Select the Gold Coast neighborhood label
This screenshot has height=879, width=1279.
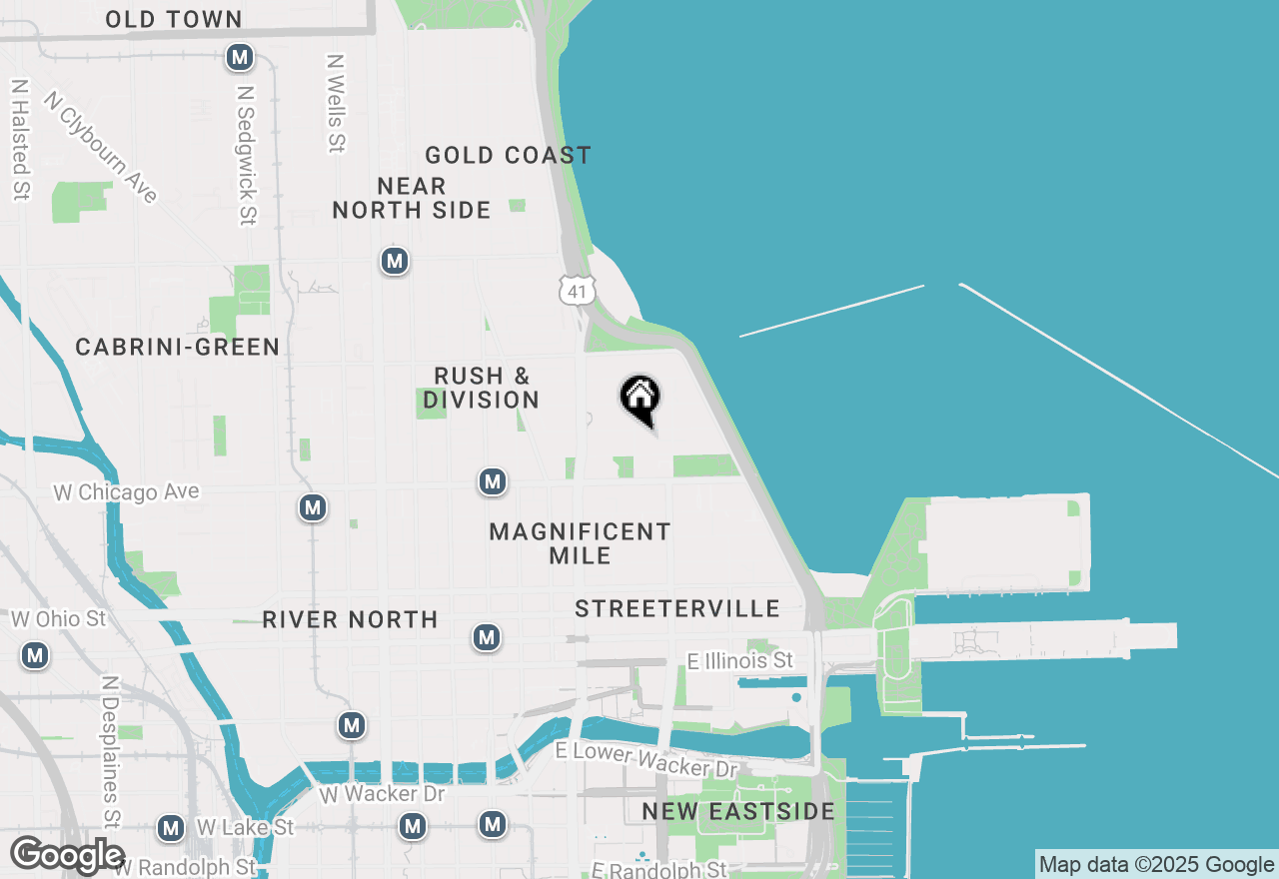click(508, 155)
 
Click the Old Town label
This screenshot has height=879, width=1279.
click(173, 19)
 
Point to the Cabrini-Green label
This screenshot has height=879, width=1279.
click(178, 347)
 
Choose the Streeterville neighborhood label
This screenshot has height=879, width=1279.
click(676, 608)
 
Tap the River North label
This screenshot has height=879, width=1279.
click(350, 619)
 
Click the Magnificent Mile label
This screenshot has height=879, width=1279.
click(580, 543)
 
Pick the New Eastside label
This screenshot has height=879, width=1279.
click(738, 811)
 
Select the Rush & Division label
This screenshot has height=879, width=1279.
click(481, 388)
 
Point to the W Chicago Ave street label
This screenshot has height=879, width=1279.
click(126, 491)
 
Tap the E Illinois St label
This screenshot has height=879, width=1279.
click(740, 660)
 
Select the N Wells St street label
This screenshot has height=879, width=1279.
click(336, 103)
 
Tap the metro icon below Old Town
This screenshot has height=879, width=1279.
click(239, 57)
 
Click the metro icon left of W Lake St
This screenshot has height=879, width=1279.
click(171, 828)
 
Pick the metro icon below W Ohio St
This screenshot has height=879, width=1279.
click(36, 656)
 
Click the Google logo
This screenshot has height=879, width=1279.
click(68, 855)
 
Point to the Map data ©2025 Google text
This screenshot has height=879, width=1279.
click(1156, 865)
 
